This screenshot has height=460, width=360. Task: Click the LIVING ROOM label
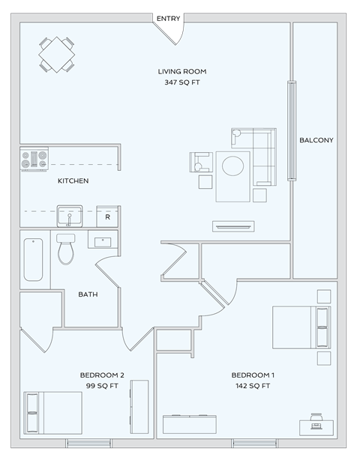tap(181, 72)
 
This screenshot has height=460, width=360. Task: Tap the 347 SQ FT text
tap(181, 82)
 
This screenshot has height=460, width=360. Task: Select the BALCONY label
tap(316, 140)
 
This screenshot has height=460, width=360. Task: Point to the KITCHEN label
tap(73, 181)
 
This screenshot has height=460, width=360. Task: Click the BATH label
tap(88, 294)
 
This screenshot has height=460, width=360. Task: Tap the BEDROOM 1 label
tap(253, 375)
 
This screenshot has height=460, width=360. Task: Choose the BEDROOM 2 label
tap(102, 375)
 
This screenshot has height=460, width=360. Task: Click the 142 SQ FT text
tap(253, 386)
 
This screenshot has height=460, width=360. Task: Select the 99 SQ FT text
tap(102, 386)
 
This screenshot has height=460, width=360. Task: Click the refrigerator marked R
tap(108, 217)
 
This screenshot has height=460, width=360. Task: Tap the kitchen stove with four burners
tap(34, 159)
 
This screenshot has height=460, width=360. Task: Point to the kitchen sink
tap(70, 217)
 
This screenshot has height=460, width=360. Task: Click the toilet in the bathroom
tap(66, 249)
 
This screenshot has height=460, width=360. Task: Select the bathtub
tap(33, 259)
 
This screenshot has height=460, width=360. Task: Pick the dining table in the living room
tap(57, 54)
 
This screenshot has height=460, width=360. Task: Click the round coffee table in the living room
tap(233, 164)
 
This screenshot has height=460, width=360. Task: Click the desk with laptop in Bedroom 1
tap(316, 426)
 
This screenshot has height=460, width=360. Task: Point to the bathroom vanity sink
tap(101, 240)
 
